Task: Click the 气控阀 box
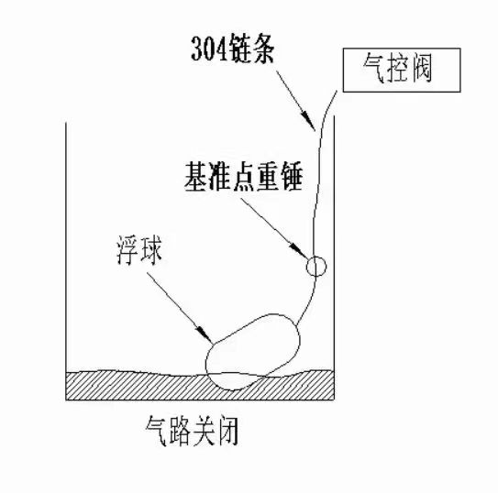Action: tap(402, 70)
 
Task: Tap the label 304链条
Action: tap(232, 49)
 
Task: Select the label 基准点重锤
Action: tap(243, 177)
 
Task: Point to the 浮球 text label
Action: tap(139, 250)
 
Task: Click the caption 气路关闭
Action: tap(192, 431)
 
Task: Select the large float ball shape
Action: tap(253, 352)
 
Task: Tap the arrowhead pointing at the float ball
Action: tap(205, 334)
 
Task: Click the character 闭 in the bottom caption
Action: tap(227, 431)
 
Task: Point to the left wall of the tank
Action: tap(66, 261)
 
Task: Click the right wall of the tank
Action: tap(334, 257)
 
